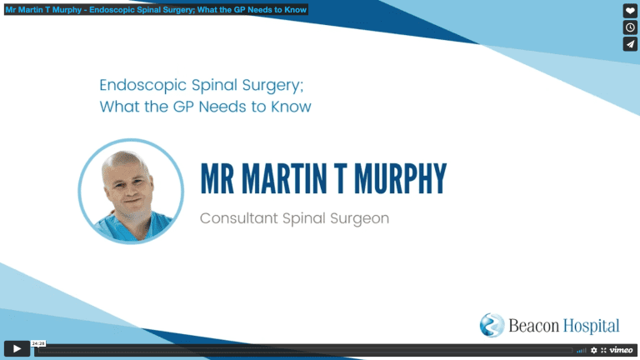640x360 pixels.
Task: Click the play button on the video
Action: click(x=17, y=348)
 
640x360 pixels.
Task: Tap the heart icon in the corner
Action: click(x=630, y=11)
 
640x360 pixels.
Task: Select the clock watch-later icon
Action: click(x=630, y=27)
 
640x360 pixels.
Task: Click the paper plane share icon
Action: click(x=630, y=44)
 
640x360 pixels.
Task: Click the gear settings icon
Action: click(x=594, y=350)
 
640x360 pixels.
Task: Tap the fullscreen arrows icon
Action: click(x=603, y=350)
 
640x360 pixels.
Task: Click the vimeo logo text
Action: click(x=621, y=350)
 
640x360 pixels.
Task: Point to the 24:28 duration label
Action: click(x=38, y=343)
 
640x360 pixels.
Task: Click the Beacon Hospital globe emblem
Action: click(x=492, y=325)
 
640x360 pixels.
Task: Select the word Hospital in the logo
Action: click(x=592, y=326)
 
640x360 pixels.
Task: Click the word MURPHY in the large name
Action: click(x=400, y=178)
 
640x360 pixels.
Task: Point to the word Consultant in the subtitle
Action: click(x=239, y=218)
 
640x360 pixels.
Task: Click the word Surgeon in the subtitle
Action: click(x=360, y=219)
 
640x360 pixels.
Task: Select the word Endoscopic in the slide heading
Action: click(x=142, y=86)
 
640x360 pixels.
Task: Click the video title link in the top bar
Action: click(x=156, y=9)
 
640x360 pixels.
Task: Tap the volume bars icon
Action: click(x=582, y=350)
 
